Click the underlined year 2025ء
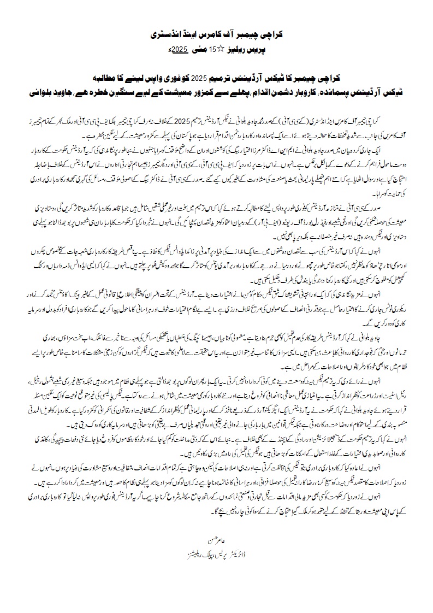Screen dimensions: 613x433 click(179, 50)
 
